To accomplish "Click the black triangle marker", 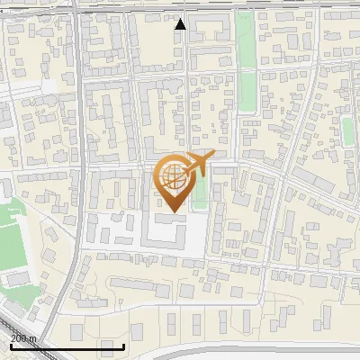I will coord(180,23).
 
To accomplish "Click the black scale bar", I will coord(67,346).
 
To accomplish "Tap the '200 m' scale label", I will coord(24,338).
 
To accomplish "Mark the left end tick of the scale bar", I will coord(11,346).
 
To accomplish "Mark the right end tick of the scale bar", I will coord(123,346).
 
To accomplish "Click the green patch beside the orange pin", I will coord(199,192).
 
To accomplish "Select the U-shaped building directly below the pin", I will coord(166,231).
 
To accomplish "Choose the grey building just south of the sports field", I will coord(18,279).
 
